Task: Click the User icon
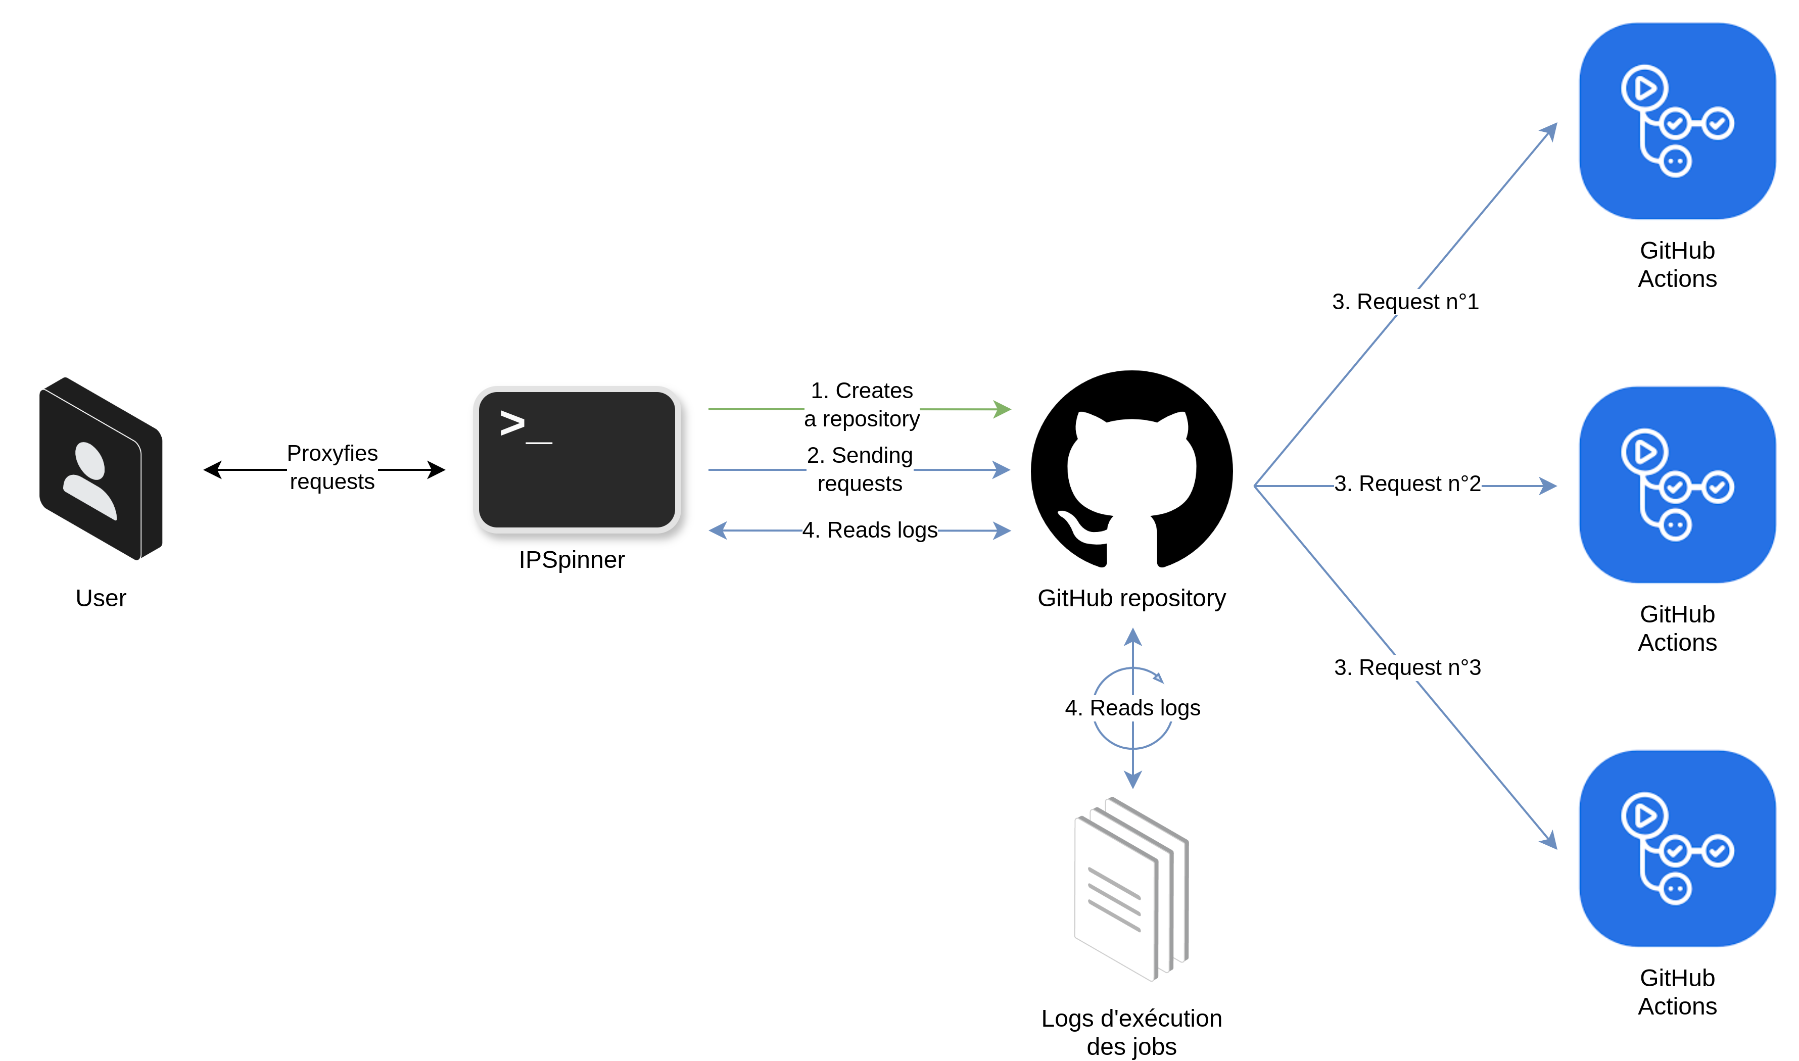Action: pyautogui.click(x=101, y=468)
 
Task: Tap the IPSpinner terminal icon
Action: pyautogui.click(x=576, y=460)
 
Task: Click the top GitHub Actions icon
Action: pyautogui.click(x=1677, y=121)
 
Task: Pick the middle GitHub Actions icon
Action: pyautogui.click(x=1677, y=485)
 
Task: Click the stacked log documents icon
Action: pyautogui.click(x=1130, y=889)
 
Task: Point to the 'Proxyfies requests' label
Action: pyautogui.click(x=332, y=467)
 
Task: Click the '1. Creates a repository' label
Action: pyautogui.click(x=862, y=405)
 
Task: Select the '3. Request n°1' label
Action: pyautogui.click(x=1405, y=302)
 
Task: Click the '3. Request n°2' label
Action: pyautogui.click(x=1407, y=484)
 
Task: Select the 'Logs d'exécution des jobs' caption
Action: pyautogui.click(x=1131, y=1032)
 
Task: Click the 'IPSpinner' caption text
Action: pyautogui.click(x=572, y=560)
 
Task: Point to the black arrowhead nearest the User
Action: pyautogui.click(x=212, y=470)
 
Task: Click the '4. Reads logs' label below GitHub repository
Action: pyautogui.click(x=1132, y=708)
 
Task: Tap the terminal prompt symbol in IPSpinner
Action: pyautogui.click(x=512, y=423)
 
